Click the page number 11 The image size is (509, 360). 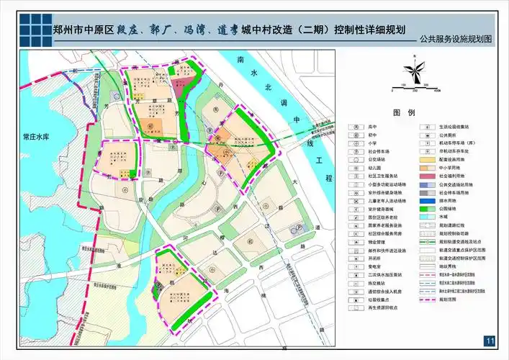[x=490, y=341]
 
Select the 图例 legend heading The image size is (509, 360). [x=405, y=113]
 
